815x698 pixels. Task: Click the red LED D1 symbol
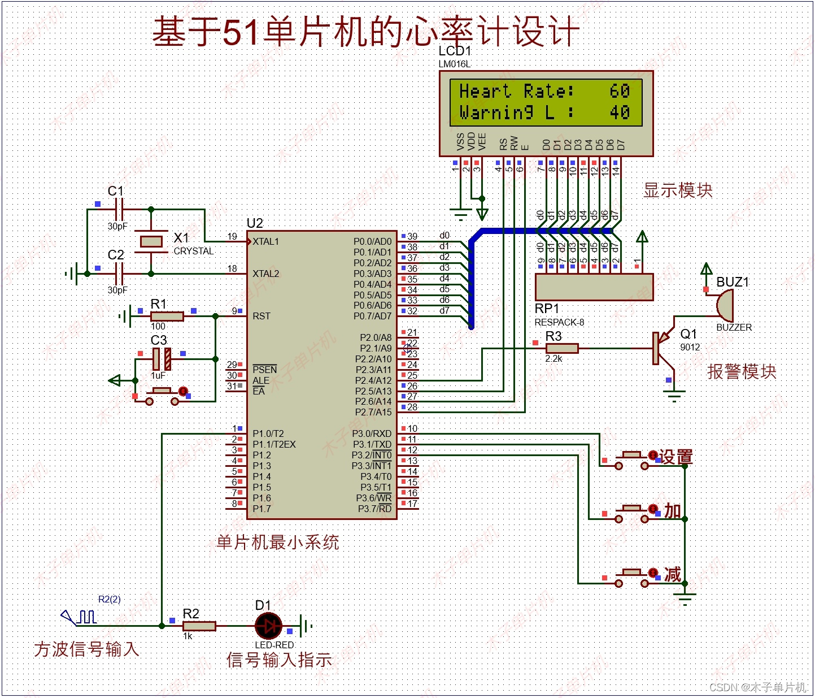268,626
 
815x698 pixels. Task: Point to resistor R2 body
199,626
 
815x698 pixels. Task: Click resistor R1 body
167,316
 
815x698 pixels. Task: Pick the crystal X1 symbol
151,241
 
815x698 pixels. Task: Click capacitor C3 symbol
162,359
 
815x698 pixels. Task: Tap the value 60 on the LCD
620,90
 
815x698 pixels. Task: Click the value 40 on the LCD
620,112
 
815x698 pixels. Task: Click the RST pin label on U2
262,316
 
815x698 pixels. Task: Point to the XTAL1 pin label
265,241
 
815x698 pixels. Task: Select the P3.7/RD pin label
374,509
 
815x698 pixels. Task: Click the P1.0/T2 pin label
268,433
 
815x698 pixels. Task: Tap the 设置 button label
675,457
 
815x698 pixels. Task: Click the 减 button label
672,575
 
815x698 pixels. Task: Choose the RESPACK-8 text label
559,322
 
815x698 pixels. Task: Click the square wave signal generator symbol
79,617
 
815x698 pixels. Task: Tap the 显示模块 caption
678,190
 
